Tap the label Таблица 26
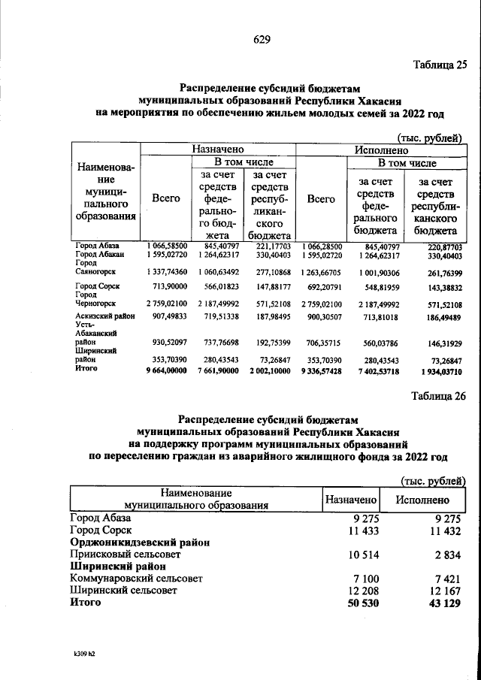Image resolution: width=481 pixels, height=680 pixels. click(x=439, y=397)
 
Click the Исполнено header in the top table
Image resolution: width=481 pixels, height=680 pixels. click(x=380, y=150)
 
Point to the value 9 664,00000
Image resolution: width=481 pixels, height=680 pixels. click(x=166, y=370)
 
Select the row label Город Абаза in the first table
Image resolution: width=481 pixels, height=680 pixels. click(x=97, y=246)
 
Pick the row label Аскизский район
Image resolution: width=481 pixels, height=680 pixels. click(x=104, y=317)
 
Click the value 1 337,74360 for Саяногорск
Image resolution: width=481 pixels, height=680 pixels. click(x=166, y=271)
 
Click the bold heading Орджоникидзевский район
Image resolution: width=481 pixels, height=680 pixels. click(x=139, y=541)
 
